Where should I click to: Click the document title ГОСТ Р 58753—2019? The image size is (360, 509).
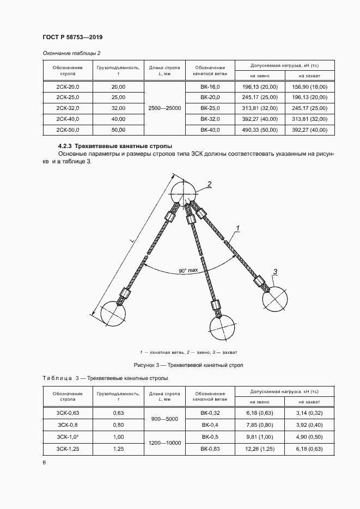pos(72,37)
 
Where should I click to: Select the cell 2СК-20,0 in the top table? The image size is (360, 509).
pos(68,87)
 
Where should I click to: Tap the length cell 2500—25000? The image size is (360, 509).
pos(165,108)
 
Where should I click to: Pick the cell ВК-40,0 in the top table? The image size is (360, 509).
pos(210,130)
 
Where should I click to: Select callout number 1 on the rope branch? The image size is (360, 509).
pos(237,228)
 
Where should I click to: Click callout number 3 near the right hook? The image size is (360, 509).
pos(276,272)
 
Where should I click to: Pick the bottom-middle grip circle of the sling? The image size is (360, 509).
pos(224,328)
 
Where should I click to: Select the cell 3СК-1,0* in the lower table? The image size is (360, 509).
pos(68,437)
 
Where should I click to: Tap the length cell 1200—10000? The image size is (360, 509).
pos(165,443)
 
